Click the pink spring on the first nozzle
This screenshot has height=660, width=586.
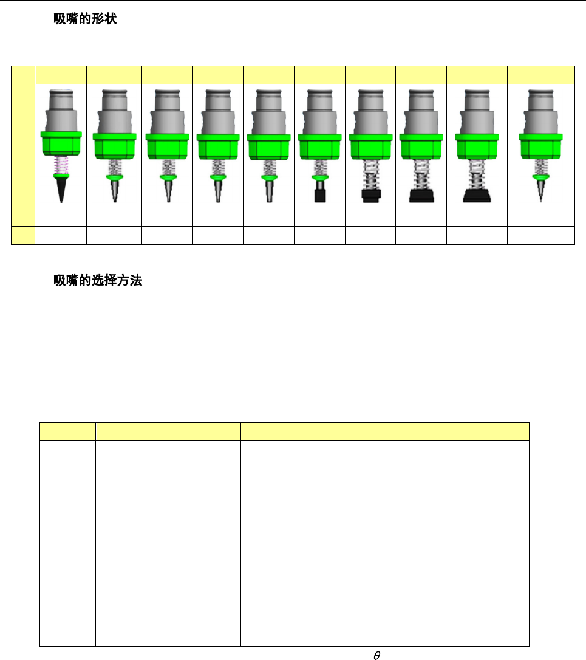[61, 165]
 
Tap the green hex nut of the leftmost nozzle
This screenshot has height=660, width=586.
[61, 143]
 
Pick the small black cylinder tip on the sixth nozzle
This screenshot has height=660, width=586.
[319, 195]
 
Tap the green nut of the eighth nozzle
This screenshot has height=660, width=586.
[421, 146]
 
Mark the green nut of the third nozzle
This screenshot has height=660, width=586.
[166, 146]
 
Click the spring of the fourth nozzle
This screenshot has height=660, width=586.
[217, 166]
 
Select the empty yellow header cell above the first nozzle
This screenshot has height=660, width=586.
[61, 75]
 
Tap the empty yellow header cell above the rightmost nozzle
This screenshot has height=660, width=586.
[540, 75]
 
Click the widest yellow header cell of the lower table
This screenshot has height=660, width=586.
[384, 431]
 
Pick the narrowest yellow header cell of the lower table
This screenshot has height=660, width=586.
[67, 431]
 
